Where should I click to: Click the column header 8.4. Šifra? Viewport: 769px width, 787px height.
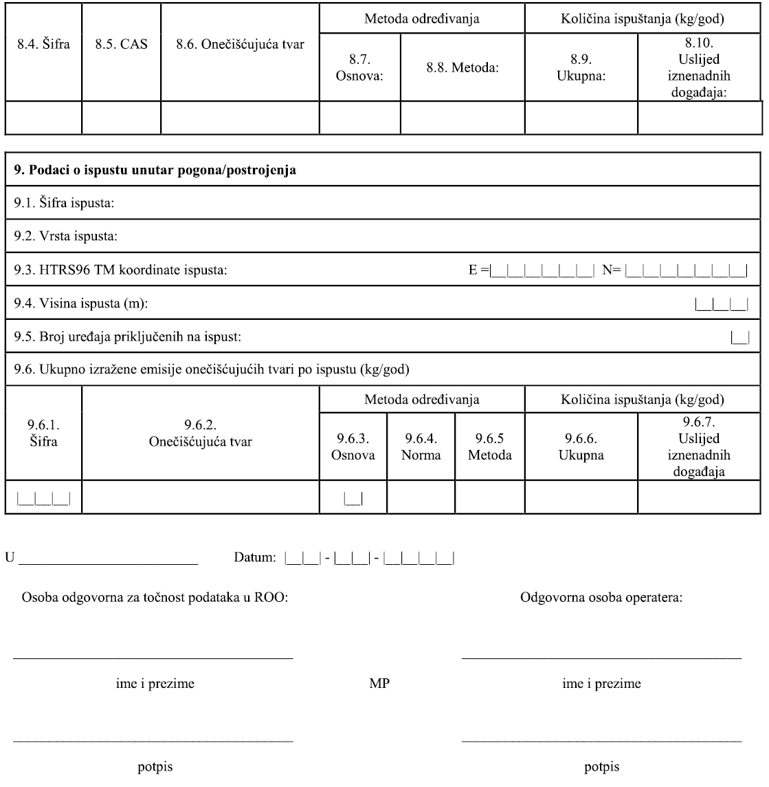(x=43, y=46)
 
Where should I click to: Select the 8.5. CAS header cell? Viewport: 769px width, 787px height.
(x=121, y=46)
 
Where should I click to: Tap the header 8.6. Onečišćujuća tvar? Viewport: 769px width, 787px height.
(x=240, y=46)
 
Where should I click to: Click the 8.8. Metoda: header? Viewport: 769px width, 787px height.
(x=462, y=68)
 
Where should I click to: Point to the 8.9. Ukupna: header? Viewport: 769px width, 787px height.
(x=581, y=68)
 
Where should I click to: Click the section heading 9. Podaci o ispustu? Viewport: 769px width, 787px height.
(x=155, y=171)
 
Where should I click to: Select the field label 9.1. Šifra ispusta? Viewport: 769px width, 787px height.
(x=65, y=204)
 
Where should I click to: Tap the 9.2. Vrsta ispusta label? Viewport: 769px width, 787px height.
(x=66, y=237)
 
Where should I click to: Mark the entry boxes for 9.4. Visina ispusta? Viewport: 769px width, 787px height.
(x=721, y=304)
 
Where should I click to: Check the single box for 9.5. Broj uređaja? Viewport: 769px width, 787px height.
(x=739, y=337)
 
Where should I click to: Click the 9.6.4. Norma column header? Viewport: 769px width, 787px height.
(x=421, y=446)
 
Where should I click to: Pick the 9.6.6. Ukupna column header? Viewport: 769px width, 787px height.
(x=581, y=446)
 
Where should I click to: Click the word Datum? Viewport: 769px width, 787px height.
(x=255, y=557)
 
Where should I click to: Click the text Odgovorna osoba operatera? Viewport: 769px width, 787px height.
(x=601, y=597)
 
